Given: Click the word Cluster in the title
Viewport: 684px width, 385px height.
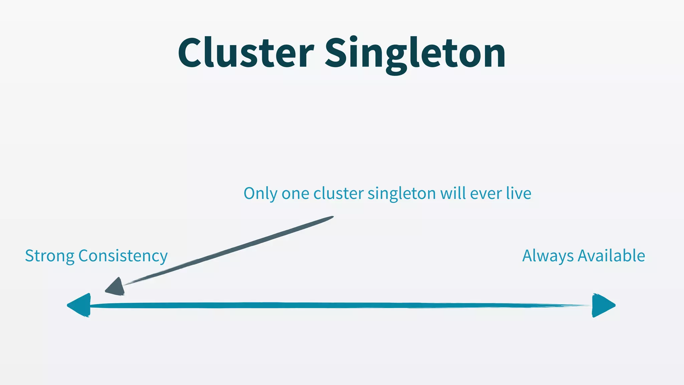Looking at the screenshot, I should coord(246,53).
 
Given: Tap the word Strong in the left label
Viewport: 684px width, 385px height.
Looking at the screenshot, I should coord(49,256).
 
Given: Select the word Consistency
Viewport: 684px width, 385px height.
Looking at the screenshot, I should coord(123,256).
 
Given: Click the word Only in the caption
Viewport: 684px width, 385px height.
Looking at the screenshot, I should coord(260,194).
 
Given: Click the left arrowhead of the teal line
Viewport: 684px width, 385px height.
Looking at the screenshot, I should coord(80,305).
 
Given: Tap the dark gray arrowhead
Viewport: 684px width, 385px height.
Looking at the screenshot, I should coord(116,288).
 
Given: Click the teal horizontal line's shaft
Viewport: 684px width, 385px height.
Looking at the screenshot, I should coord(334,305).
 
